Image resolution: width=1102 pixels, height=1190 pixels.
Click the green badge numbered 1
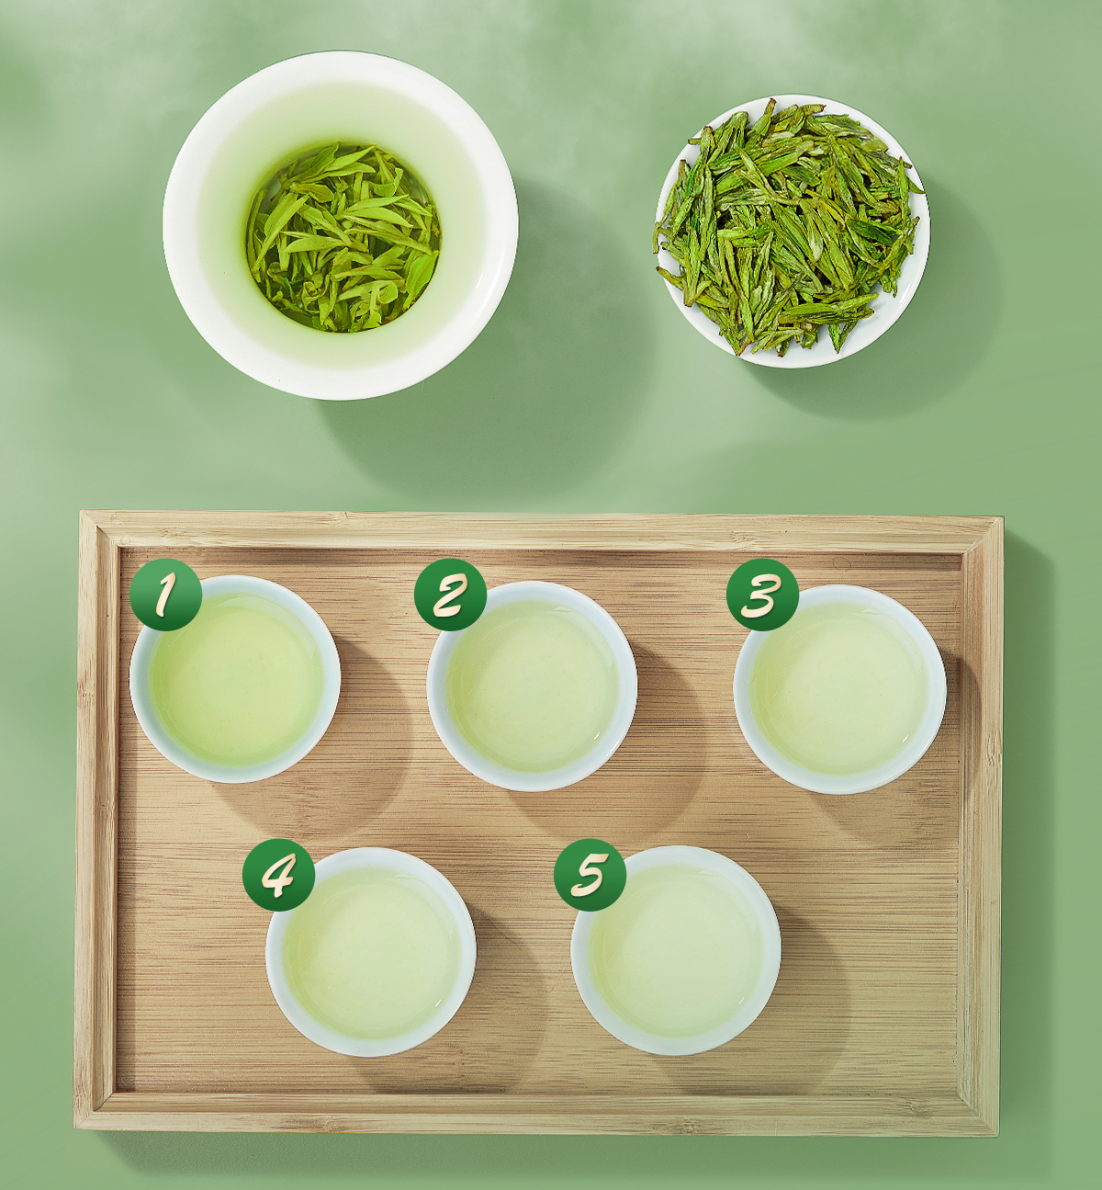[165, 595]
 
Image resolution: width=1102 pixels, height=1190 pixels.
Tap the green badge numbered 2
[450, 595]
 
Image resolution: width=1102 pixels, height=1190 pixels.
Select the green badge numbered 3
[762, 595]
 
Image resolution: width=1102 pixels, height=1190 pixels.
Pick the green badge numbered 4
[278, 876]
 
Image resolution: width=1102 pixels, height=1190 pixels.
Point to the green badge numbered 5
[590, 876]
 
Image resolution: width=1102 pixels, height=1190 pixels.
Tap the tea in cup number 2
[533, 687]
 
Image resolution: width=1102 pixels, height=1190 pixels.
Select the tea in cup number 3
[839, 690]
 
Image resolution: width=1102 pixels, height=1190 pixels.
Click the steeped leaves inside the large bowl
[343, 237]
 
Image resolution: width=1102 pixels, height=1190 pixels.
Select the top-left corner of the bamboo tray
[80, 511]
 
